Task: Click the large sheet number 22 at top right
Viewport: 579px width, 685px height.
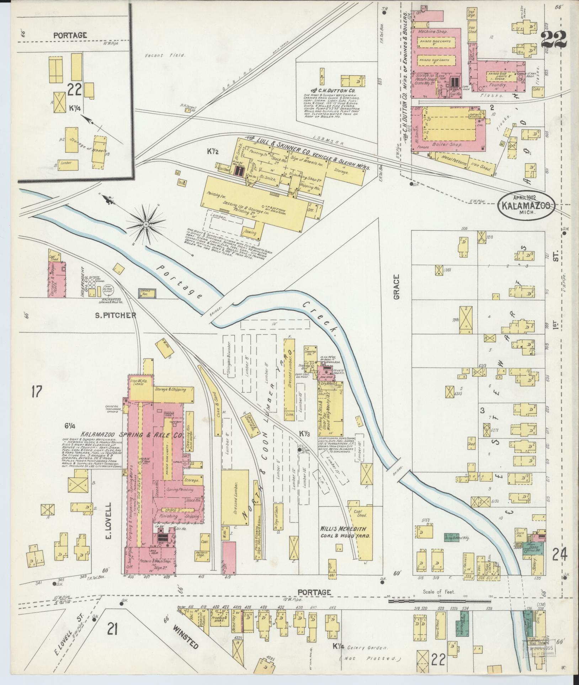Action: click(554, 40)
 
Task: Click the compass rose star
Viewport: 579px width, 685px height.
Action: click(146, 224)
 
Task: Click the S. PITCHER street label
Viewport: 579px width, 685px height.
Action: click(110, 315)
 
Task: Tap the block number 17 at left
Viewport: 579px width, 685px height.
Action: click(36, 392)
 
